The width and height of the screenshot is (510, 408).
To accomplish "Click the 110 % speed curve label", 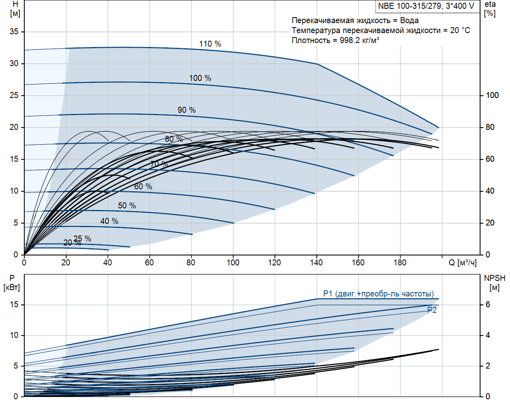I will [x=210, y=44].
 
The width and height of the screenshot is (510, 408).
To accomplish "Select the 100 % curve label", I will [x=200, y=78].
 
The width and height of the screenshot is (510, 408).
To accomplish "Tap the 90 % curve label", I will [x=186, y=110].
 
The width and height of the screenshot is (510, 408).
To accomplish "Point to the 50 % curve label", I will [x=127, y=206].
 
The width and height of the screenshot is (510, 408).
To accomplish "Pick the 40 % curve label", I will [x=109, y=221].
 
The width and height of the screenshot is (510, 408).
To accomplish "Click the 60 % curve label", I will [x=143, y=186].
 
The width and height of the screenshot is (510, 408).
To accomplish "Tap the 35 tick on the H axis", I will [x=14, y=31].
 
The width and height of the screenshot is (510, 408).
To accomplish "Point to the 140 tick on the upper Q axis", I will [x=316, y=262].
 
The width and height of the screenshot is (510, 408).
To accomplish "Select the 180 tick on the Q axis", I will [x=400, y=262].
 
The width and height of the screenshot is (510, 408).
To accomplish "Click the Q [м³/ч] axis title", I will [x=462, y=263].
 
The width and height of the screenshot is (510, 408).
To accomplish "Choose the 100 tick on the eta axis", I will [x=492, y=95].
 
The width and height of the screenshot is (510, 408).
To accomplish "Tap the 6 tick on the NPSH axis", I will [x=488, y=304].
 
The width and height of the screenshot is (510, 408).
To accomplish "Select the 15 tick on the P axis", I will [x=14, y=304].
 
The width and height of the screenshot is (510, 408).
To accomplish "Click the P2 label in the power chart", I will [x=432, y=310].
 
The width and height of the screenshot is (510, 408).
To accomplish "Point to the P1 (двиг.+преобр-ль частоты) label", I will [x=378, y=294].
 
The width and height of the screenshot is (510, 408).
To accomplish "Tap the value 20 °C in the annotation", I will [x=460, y=30].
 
